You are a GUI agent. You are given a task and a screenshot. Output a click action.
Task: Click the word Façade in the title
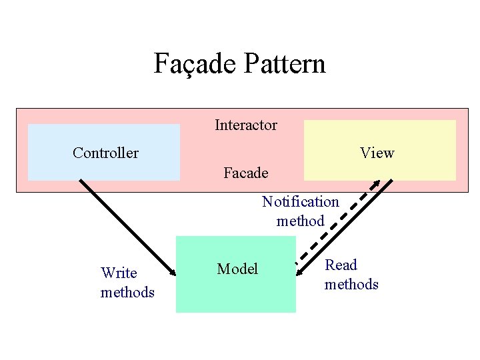(x=196, y=64)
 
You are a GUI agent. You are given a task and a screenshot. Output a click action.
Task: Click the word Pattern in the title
(x=285, y=64)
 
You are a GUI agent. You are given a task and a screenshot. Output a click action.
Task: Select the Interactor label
(x=246, y=125)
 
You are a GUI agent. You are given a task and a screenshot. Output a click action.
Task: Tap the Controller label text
(x=105, y=153)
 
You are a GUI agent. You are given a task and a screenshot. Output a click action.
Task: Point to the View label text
(x=377, y=153)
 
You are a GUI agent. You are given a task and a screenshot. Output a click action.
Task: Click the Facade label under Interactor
(x=246, y=173)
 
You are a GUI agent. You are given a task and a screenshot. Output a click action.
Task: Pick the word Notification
(x=300, y=201)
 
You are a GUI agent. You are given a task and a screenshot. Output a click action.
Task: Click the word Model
(x=237, y=269)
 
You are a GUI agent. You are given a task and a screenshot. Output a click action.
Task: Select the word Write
(x=119, y=273)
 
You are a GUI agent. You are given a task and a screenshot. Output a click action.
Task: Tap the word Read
(x=341, y=265)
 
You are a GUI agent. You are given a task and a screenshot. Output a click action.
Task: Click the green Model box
(x=235, y=293)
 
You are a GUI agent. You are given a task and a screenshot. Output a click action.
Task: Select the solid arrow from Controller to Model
(x=127, y=227)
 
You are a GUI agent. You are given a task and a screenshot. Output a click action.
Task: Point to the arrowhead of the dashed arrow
(x=376, y=183)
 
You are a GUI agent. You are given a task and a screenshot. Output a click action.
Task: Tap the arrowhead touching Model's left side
(x=172, y=271)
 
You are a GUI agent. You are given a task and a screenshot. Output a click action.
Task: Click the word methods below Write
(x=127, y=292)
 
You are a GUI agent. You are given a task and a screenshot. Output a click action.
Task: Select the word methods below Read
(x=351, y=284)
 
